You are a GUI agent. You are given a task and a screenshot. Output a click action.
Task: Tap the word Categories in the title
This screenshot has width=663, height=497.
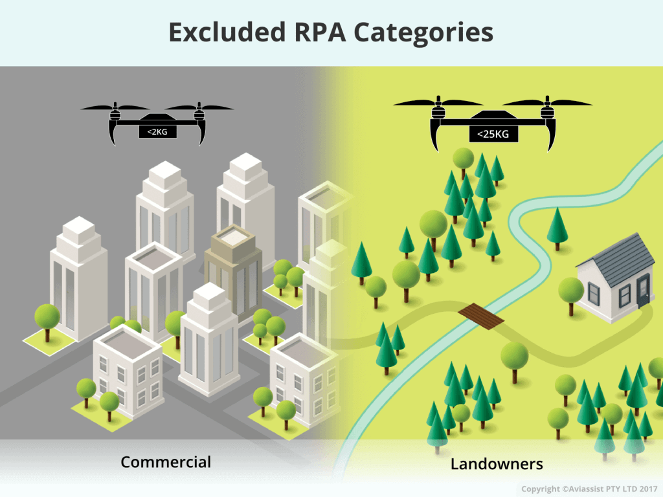pyautogui.click(x=421, y=32)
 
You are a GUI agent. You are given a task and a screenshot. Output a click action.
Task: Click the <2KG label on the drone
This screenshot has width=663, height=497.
pyautogui.click(x=156, y=132)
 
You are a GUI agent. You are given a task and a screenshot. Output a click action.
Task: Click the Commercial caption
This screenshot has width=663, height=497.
pyautogui.click(x=166, y=462)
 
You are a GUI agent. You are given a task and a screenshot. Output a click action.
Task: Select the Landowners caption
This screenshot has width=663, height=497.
pyautogui.click(x=497, y=464)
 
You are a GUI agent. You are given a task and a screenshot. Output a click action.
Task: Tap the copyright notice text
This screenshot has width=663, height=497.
pyautogui.click(x=589, y=487)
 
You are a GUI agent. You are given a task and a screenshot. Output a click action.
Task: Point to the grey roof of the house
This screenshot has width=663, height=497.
pyautogui.click(x=615, y=254)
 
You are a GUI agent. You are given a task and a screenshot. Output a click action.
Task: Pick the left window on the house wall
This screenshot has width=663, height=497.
pyautogui.click(x=594, y=293)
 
